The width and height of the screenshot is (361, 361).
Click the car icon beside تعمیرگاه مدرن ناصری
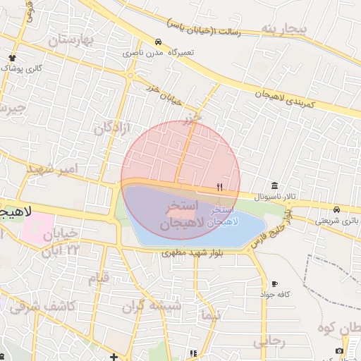[x=159, y=42]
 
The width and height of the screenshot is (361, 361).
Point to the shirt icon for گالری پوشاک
[x=12, y=57]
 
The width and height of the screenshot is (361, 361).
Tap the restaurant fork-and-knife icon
[x=219, y=187]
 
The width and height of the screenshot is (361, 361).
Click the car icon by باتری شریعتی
[x=337, y=210]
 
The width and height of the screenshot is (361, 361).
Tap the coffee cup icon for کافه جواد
[x=274, y=283]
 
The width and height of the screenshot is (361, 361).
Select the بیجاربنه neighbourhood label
[x=285, y=28]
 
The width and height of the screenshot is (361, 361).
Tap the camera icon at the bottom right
[x=339, y=350]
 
